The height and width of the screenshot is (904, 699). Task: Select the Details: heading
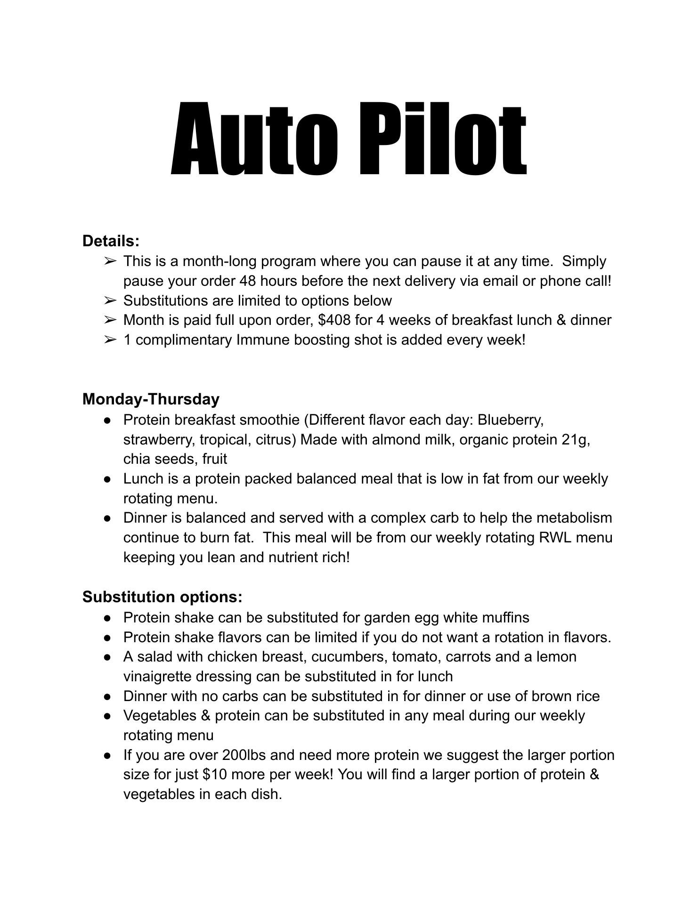[111, 241]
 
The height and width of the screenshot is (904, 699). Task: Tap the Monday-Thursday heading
[151, 399]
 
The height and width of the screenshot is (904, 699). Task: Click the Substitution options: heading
[162, 597]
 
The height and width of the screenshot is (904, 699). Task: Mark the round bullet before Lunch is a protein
[108, 479]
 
